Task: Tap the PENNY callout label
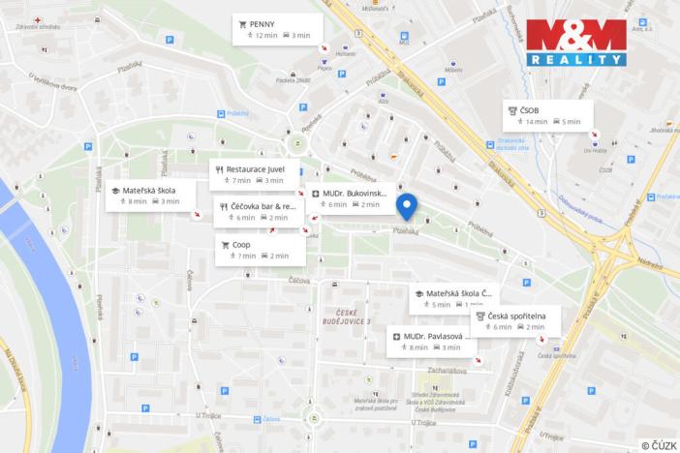tap(277, 28)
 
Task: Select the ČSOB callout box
tap(547, 115)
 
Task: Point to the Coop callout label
tap(260, 250)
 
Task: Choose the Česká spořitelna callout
tap(515, 320)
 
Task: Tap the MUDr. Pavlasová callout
tap(430, 341)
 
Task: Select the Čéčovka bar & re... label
tap(259, 211)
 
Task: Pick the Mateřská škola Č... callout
tap(453, 298)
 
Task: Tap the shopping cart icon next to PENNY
tap(242, 23)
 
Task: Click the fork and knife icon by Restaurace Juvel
tap(219, 168)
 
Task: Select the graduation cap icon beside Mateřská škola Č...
tap(418, 293)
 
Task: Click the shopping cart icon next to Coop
tap(225, 245)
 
